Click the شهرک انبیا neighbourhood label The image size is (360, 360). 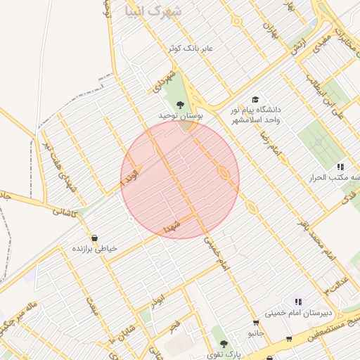pyautogui.click(x=152, y=11)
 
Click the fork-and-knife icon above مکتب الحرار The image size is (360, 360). pyautogui.click(x=341, y=167)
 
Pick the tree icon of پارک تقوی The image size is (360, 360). pyautogui.click(x=224, y=344)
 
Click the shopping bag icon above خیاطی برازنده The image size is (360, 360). pyautogui.click(x=95, y=238)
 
